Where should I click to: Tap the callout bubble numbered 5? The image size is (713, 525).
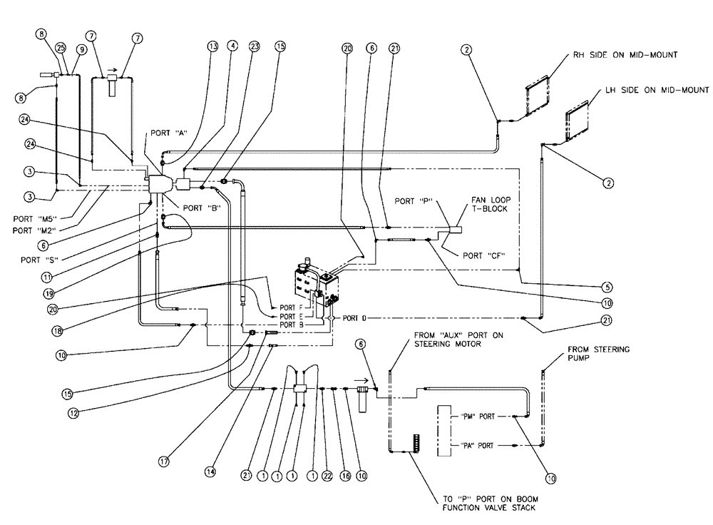coord(607,287)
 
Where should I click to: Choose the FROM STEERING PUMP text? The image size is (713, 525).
coord(588,354)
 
